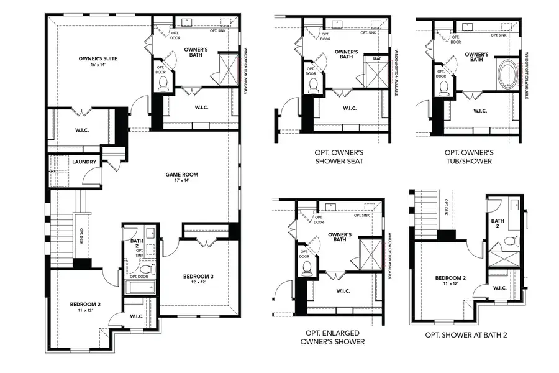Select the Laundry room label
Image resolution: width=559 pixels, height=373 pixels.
(84, 162)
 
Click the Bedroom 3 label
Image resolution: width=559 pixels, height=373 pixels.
(198, 276)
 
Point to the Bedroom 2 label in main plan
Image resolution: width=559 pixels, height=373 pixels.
(85, 304)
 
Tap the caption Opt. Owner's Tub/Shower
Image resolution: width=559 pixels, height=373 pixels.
(469, 156)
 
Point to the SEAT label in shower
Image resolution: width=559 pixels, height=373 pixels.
(376, 59)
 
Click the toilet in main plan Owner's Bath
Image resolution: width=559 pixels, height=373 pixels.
(164, 83)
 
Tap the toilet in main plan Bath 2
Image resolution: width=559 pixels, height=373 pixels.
(145, 269)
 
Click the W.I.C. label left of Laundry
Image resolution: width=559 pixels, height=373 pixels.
(69, 131)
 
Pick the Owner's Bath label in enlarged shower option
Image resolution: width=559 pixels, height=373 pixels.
(339, 237)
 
